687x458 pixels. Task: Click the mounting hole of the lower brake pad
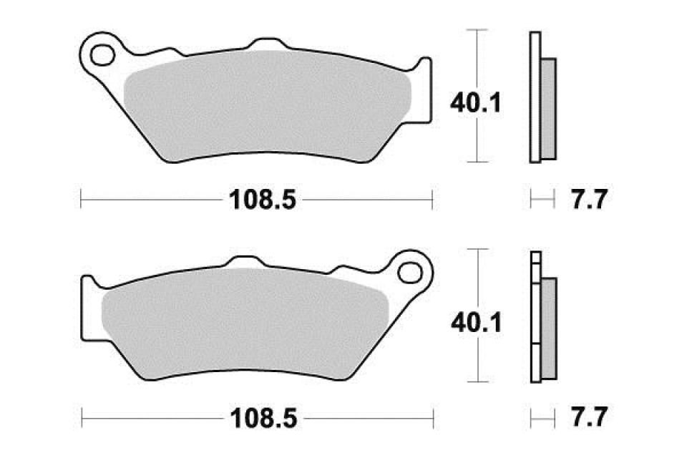(412, 272)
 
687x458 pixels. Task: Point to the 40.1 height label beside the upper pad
(474, 104)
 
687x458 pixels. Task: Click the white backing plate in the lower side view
(534, 322)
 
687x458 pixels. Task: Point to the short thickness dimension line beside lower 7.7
(542, 416)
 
